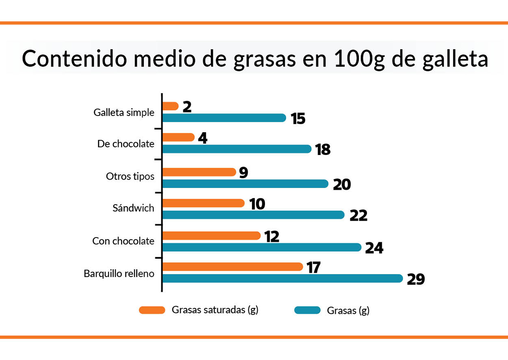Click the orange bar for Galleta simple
[x=170, y=106]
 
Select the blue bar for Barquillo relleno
[x=282, y=278]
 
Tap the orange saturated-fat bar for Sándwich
[x=203, y=203]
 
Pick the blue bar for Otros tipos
[x=246, y=184]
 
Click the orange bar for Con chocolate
[x=211, y=236]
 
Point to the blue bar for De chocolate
[x=237, y=149]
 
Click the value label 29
[x=415, y=280]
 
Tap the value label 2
[x=187, y=107]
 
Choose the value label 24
[x=374, y=248]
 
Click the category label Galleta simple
[x=124, y=113]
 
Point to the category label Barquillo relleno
[x=119, y=274]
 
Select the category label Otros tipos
[x=130, y=176]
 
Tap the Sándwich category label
[x=133, y=208]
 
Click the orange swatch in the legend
[x=152, y=310]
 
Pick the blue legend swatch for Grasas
[x=307, y=310]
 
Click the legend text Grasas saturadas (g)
[x=215, y=310]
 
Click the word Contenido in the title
[x=74, y=59]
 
